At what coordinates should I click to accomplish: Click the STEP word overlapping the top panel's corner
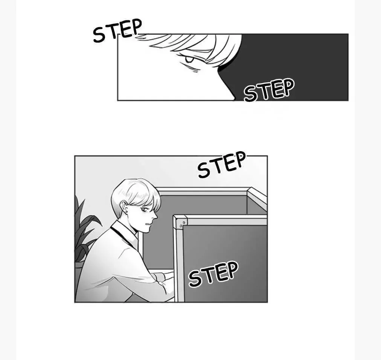point(117,30)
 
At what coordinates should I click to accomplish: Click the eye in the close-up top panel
point(189,59)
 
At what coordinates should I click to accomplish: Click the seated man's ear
point(125,208)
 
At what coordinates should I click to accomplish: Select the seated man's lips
point(149,223)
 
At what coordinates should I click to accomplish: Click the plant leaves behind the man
point(84,231)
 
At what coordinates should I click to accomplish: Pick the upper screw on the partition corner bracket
point(184,222)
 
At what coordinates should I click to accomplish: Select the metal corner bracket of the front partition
point(181,222)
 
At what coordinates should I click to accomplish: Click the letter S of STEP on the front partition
point(195,279)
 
